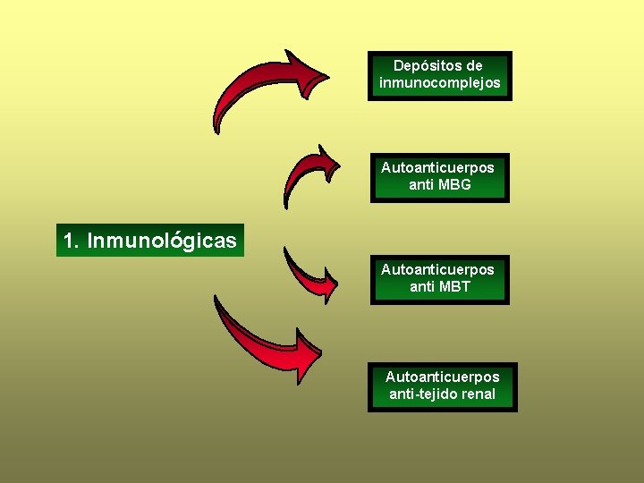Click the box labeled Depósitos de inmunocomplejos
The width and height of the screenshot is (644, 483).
(x=439, y=75)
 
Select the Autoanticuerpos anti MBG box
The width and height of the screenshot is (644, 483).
(x=438, y=177)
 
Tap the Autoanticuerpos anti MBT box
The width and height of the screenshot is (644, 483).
(x=438, y=278)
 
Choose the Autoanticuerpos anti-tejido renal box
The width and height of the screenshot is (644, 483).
(x=442, y=386)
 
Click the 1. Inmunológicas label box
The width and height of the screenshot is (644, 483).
(x=149, y=241)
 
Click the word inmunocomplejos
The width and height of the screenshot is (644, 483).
(x=439, y=83)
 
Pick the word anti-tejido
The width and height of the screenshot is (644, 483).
(x=421, y=394)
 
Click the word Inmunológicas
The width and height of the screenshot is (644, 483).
(x=162, y=241)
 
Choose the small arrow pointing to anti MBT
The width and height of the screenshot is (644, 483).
(x=309, y=273)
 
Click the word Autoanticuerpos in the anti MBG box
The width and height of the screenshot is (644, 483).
(x=437, y=167)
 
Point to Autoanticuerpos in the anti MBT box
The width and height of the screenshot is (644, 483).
(x=437, y=269)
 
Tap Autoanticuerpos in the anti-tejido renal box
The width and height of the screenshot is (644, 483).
(x=442, y=377)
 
